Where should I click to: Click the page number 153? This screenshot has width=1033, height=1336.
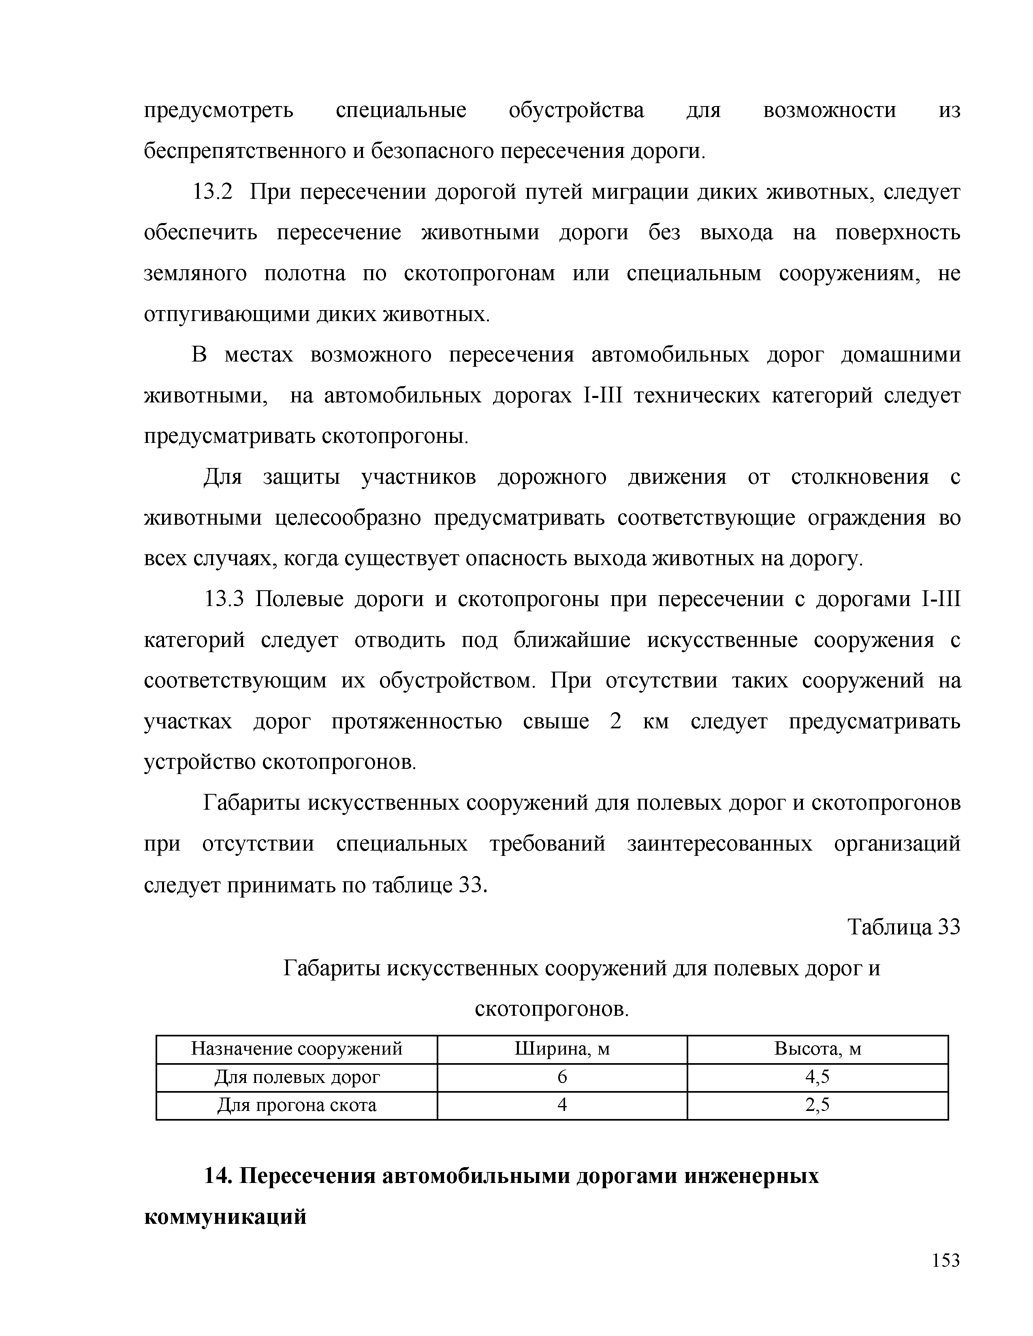point(946,1261)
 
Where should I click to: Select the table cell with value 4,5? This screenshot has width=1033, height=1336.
point(817,1076)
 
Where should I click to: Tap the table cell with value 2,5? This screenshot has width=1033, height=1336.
point(817,1105)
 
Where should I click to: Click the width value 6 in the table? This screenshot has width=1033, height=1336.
point(562,1076)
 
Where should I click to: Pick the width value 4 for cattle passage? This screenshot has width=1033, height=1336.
point(562,1105)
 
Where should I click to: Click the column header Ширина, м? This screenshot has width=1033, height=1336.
point(562,1049)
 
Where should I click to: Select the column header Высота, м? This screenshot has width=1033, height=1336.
point(817,1049)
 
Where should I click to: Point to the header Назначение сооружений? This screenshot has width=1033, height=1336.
point(297,1049)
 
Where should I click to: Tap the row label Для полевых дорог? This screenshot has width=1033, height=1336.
point(297,1076)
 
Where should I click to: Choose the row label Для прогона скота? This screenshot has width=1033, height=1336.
point(297,1105)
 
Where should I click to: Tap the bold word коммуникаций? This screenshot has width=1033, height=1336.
point(224,1217)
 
